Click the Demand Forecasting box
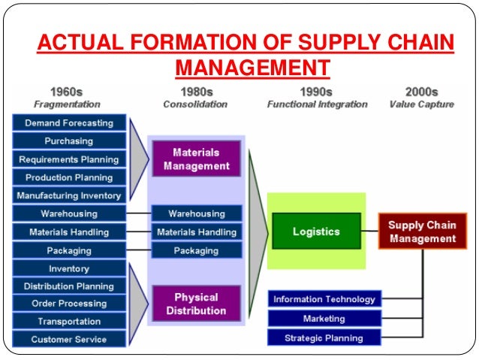[x=68, y=123]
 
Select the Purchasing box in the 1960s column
[x=68, y=141]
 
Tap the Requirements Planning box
[x=68, y=159]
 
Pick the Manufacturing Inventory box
[x=68, y=195]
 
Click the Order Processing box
[x=68, y=304]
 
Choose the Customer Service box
[x=68, y=340]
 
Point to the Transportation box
[x=68, y=322]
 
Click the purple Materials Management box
[x=196, y=158]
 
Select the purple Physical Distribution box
[x=196, y=304]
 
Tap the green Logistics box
[x=316, y=231]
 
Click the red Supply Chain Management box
[x=422, y=231]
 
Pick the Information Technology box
[x=324, y=299]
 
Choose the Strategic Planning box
[x=324, y=338]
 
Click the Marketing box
[x=324, y=319]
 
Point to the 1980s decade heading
[x=196, y=92]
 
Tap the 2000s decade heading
[x=421, y=92]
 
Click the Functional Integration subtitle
[x=317, y=104]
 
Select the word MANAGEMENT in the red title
[x=252, y=68]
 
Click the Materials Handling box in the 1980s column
[x=196, y=232]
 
